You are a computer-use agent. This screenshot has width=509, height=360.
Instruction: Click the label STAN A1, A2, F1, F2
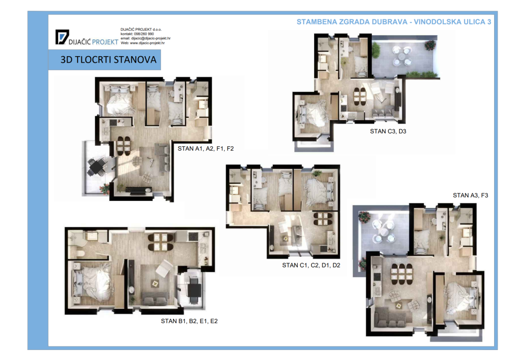(205, 149)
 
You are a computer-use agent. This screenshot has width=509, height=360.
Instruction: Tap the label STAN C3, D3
(388, 131)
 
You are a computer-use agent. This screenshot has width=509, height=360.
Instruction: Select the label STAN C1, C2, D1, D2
(311, 265)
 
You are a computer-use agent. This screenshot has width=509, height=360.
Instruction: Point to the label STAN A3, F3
(470, 195)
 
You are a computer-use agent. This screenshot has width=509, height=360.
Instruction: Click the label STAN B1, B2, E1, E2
(189, 321)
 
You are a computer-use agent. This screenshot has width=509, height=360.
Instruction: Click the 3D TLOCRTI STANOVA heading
(108, 60)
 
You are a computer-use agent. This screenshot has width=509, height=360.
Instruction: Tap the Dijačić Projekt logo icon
(62, 37)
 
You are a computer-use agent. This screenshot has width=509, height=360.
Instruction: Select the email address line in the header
(146, 38)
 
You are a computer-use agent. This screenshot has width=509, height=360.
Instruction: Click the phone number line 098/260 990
(137, 34)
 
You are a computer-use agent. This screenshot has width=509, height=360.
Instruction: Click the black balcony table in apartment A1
(96, 167)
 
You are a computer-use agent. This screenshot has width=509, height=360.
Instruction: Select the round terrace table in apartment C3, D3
(402, 56)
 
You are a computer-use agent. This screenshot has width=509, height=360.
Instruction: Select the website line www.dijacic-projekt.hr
(143, 43)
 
